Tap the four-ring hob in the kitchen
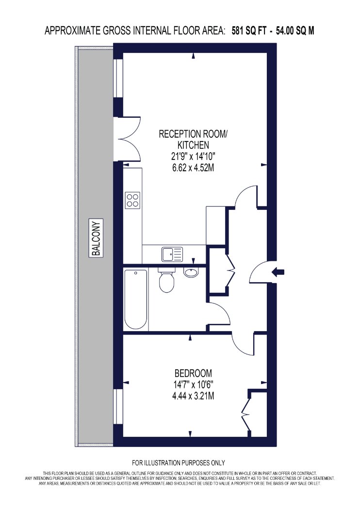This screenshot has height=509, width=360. coord(133,200)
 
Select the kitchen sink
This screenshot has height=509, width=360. coord(173,254)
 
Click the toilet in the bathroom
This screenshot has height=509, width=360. coord(167,280)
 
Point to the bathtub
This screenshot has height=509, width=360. coord(136,300)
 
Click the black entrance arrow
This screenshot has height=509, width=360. coord(278,272)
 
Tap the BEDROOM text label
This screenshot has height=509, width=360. coord(193,373)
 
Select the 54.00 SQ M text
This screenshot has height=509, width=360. coord(295,31)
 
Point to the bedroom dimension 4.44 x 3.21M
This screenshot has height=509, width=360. coord(193,396)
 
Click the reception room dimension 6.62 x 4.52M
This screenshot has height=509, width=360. coord(193,168)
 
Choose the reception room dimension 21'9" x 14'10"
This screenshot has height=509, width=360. coord(193,157)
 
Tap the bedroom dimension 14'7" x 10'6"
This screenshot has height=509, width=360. coord(193,385)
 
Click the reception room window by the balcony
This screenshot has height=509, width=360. coord(118,78)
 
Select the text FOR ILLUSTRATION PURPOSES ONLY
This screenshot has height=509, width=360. coord(179,462)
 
